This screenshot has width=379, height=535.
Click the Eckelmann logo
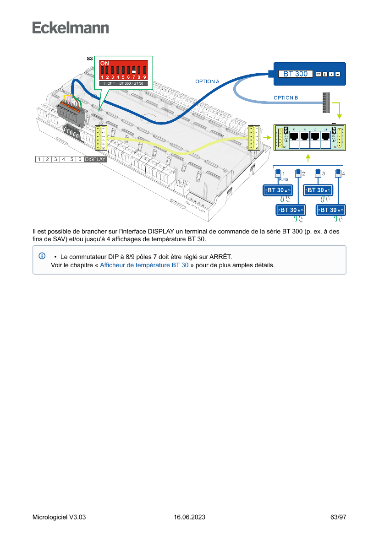[71, 27]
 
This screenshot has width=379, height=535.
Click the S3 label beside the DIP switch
[90, 59]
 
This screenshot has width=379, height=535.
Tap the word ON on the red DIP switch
[104, 63]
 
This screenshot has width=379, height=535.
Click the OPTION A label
[207, 81]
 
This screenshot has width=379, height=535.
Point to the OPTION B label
[286, 97]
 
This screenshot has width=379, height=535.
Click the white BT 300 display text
[295, 74]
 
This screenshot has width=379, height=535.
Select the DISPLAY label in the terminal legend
[95, 159]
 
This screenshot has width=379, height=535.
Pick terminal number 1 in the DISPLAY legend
[40, 159]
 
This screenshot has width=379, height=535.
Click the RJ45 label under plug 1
[283, 180]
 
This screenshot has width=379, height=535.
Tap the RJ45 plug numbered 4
[338, 173]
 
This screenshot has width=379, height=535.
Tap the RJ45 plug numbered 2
[298, 173]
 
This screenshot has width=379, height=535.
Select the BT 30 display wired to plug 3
[318, 190]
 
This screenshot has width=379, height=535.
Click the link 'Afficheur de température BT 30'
[144, 265]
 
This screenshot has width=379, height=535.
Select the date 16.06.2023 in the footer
[189, 517]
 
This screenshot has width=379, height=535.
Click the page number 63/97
[338, 517]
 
